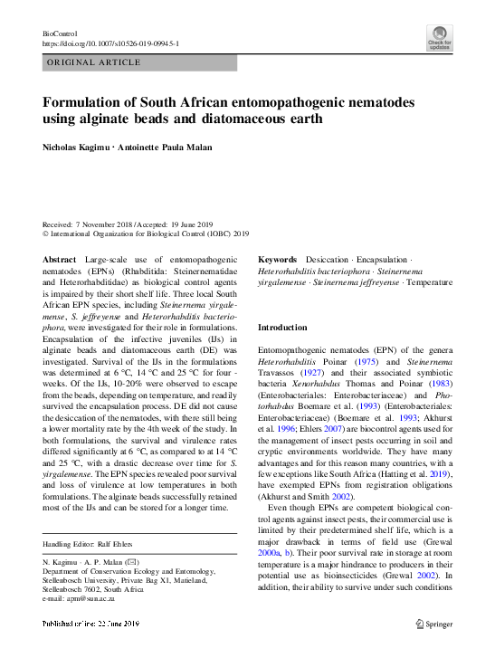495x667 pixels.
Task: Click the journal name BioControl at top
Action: point(60,32)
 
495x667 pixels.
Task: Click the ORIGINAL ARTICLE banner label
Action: point(94,62)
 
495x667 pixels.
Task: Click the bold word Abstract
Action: point(60,260)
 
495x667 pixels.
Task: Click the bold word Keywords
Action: point(278,260)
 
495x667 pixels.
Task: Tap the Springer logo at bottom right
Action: point(433,649)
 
